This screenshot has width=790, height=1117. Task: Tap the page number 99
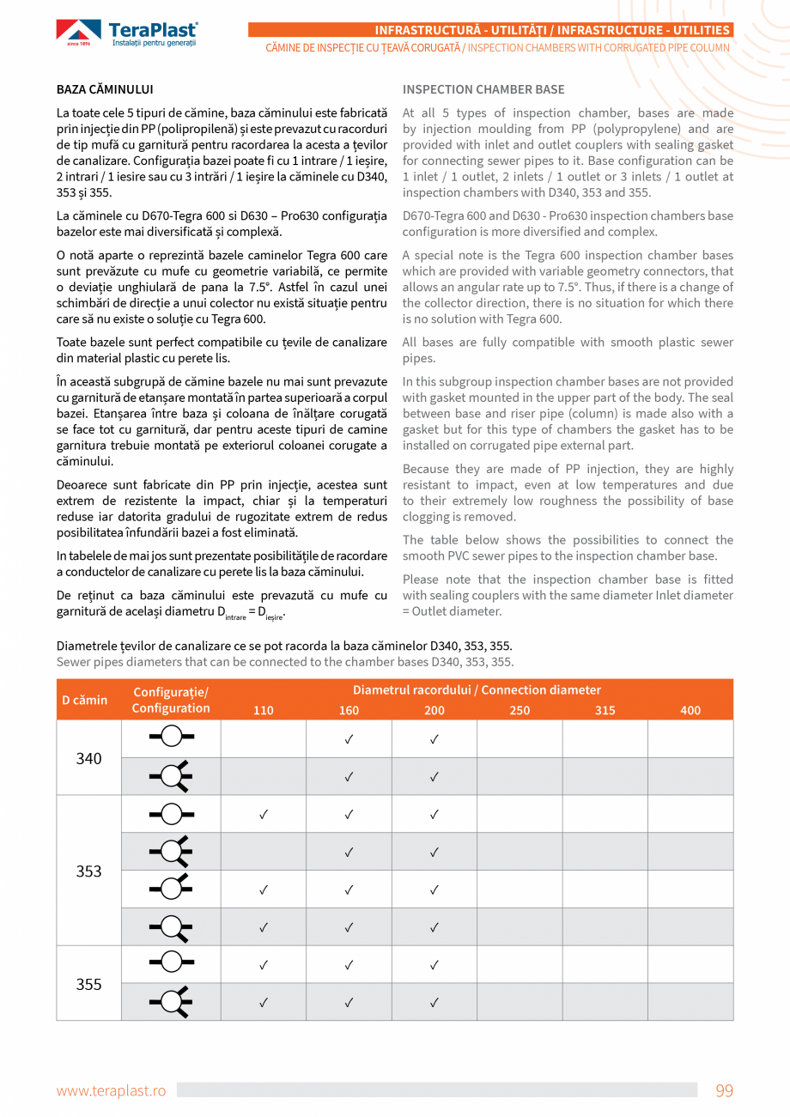pos(724,1090)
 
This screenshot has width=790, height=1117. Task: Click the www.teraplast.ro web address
pos(111,1090)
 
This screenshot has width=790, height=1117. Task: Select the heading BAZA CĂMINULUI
pos(105,89)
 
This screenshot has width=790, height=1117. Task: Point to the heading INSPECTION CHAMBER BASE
pos(483,89)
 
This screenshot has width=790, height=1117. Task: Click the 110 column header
pos(264,710)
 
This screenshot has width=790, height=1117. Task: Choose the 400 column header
pos(690,710)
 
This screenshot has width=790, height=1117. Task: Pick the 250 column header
pos(520,710)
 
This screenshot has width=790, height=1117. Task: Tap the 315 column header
pos(605,710)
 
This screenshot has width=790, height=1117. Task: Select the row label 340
pos(89,758)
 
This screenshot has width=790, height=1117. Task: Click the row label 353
pos(89,871)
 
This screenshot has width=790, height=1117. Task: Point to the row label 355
pos(89,984)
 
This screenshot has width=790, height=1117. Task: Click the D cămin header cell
pos(85,700)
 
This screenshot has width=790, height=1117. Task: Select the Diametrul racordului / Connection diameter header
pos(477,690)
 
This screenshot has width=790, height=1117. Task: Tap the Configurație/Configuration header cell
pos(171,700)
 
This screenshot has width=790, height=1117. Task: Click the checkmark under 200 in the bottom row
pos(434,1002)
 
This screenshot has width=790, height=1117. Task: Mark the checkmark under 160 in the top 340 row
pos(349,739)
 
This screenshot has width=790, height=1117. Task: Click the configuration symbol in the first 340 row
pos(171,738)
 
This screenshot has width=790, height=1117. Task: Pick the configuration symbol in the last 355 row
pos(171,1001)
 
